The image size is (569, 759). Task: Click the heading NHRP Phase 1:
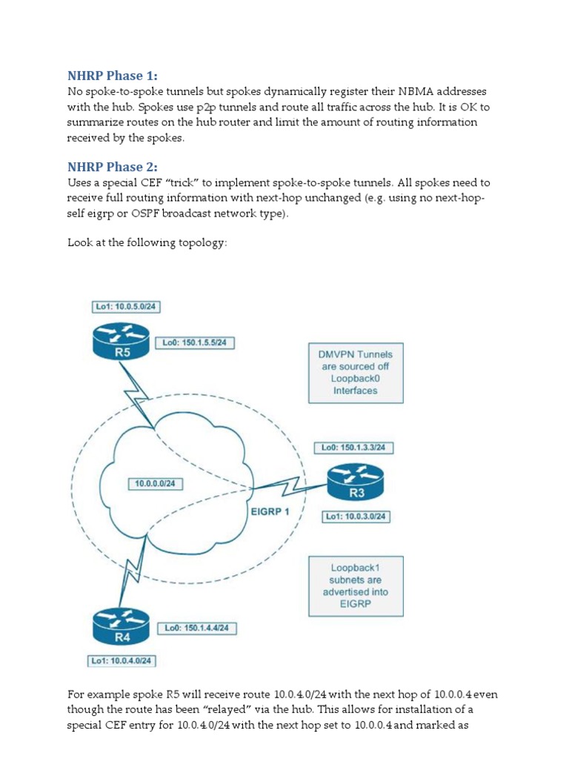click(x=113, y=76)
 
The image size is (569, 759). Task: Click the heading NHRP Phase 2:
click(x=113, y=166)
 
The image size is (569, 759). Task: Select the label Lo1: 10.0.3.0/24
click(x=354, y=517)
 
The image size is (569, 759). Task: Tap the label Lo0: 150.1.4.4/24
click(x=198, y=628)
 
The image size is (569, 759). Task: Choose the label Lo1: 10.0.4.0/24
click(x=124, y=660)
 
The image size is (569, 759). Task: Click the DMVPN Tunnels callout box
click(x=355, y=372)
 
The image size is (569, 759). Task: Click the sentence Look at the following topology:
click(x=146, y=242)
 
